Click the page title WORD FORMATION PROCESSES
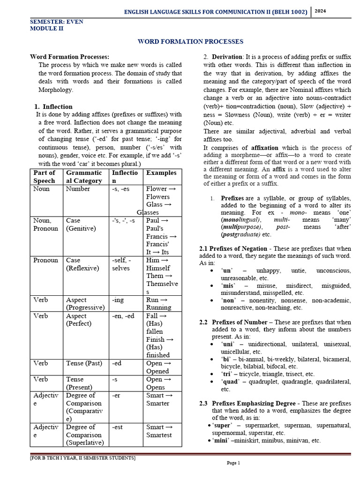point(190,42)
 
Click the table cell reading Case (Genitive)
point(81,224)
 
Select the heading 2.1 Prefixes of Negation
point(235,247)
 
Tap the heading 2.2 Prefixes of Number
point(233,322)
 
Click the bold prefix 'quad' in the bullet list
point(230,382)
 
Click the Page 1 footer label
point(233,463)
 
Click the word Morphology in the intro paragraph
point(56,90)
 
